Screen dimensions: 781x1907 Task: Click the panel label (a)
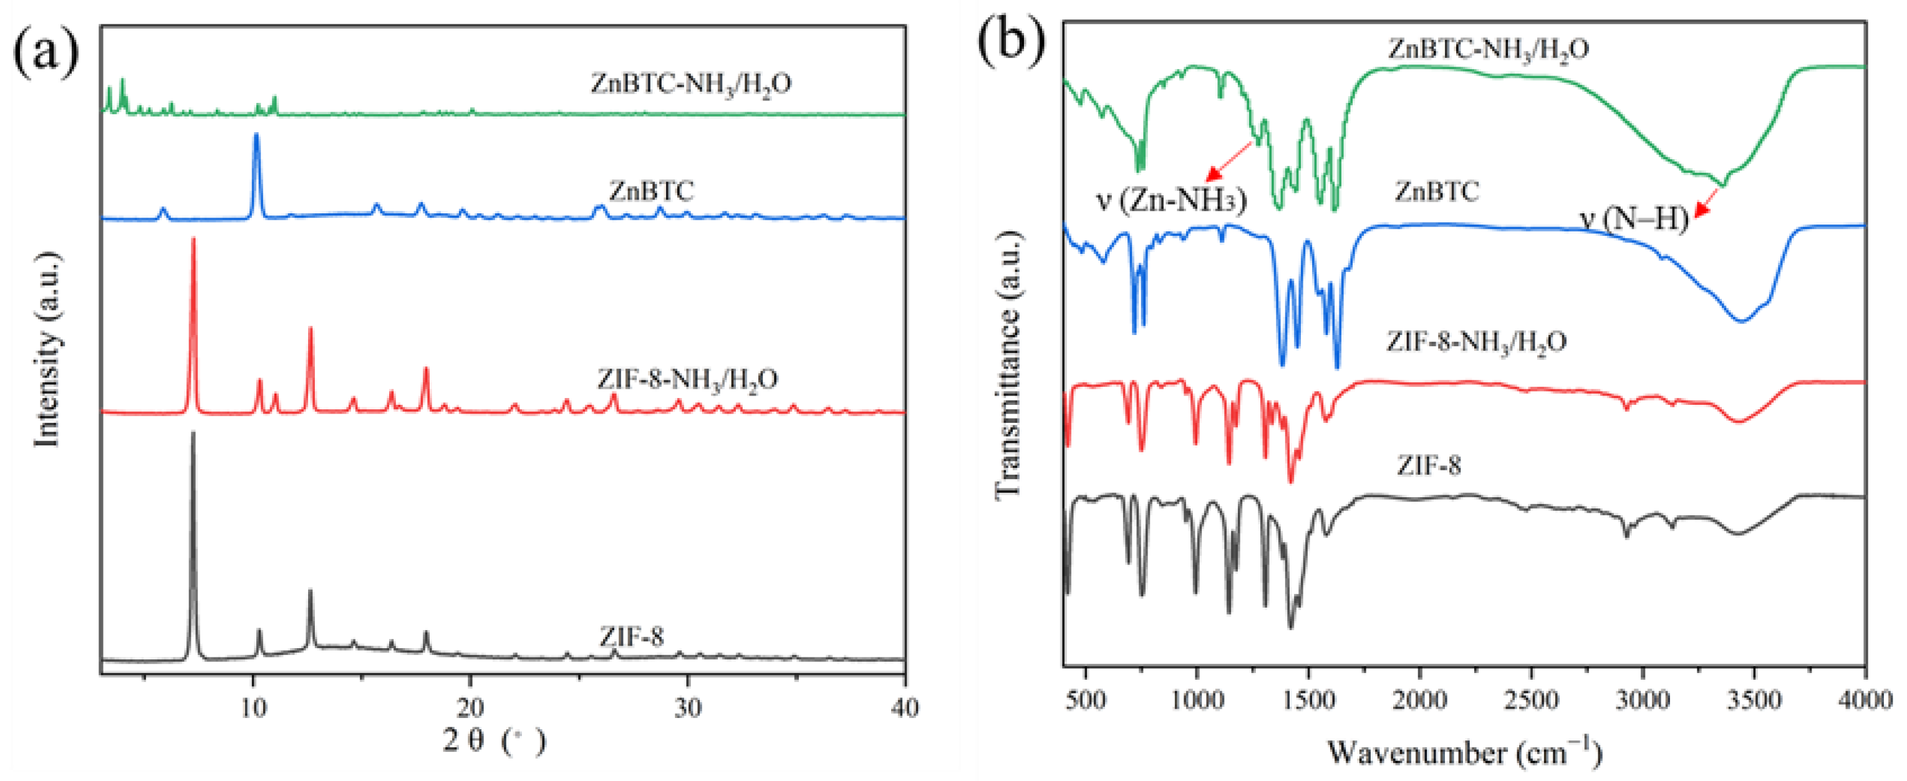tap(46, 52)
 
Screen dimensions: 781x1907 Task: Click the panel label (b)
tap(1011, 41)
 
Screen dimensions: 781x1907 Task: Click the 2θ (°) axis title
tap(494, 741)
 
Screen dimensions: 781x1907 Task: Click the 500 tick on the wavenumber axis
tap(1086, 699)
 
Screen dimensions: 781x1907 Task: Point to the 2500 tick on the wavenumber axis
tap(1531, 699)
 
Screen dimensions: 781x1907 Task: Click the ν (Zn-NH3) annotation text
tap(1171, 201)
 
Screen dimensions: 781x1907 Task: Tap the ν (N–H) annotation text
tap(1635, 218)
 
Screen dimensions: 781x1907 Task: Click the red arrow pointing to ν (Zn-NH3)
tap(1229, 162)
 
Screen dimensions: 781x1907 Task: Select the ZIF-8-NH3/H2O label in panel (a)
tap(688, 380)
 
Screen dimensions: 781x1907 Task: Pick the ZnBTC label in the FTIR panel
tap(1437, 192)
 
